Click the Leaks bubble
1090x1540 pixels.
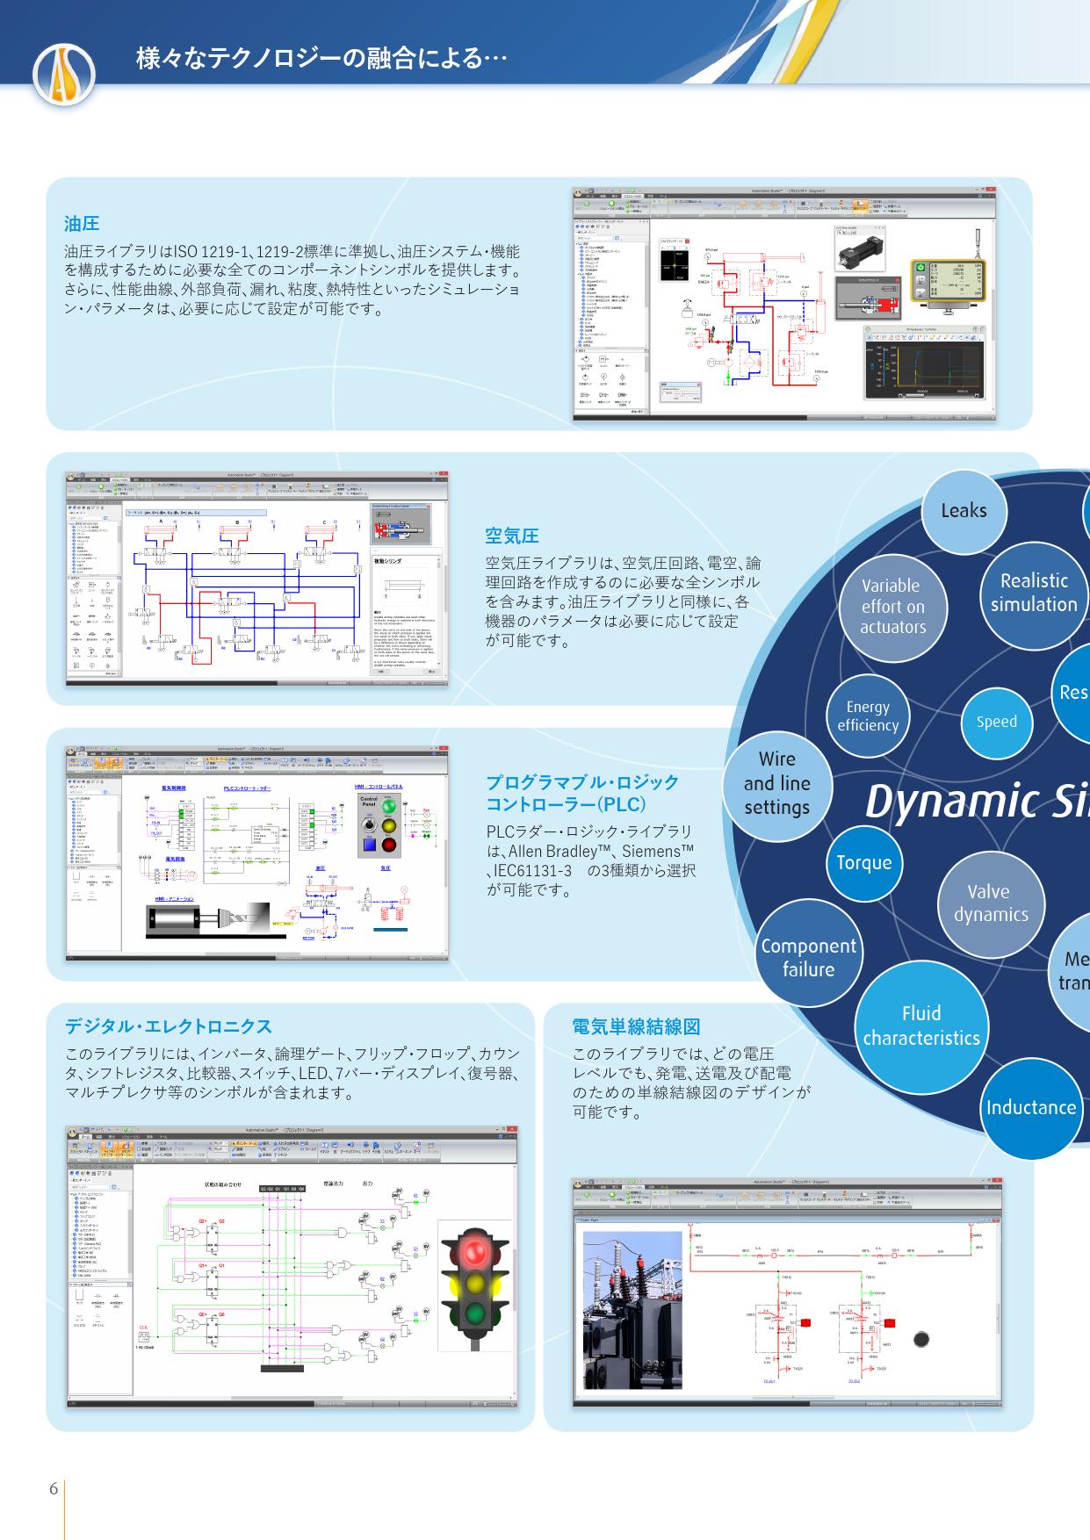(x=964, y=511)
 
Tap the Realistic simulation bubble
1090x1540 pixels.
(x=1034, y=594)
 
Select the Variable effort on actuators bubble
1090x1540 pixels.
(x=892, y=606)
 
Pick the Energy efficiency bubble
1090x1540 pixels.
(x=868, y=716)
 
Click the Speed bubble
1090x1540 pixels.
(x=996, y=722)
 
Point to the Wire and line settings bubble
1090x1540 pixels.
(x=776, y=783)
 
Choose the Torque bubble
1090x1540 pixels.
(x=863, y=862)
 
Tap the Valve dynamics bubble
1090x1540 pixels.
(x=990, y=903)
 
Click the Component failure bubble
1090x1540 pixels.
(x=808, y=957)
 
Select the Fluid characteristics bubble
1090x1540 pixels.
(x=920, y=1025)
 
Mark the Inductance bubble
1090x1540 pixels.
(x=1030, y=1107)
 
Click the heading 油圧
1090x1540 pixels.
(x=82, y=224)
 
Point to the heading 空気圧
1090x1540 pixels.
(x=512, y=536)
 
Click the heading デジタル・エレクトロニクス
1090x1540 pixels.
(x=169, y=1026)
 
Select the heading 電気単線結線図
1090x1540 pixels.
(x=636, y=1026)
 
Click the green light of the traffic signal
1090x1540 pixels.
(x=475, y=1313)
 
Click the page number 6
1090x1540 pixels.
(x=54, y=1489)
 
